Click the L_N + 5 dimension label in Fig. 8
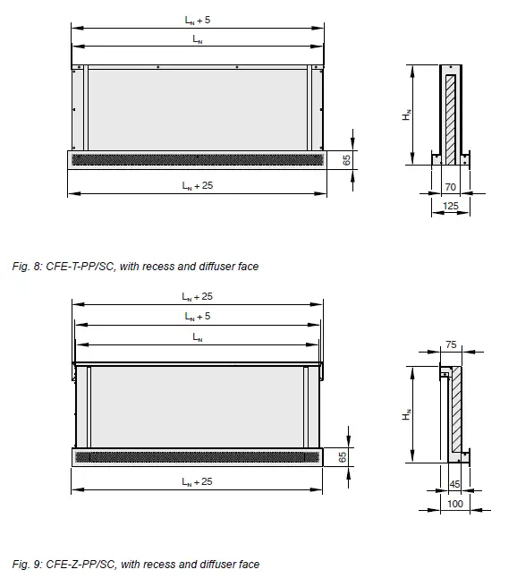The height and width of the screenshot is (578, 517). click(x=197, y=20)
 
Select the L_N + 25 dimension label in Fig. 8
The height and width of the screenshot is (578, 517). click(x=197, y=185)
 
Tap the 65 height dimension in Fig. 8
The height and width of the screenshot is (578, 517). click(x=346, y=159)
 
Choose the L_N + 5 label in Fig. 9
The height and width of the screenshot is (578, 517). click(x=197, y=317)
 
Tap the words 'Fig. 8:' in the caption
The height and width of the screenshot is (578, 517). click(x=28, y=267)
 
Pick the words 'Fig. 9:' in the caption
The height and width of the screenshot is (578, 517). click(x=28, y=564)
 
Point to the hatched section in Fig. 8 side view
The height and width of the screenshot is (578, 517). click(x=451, y=115)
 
